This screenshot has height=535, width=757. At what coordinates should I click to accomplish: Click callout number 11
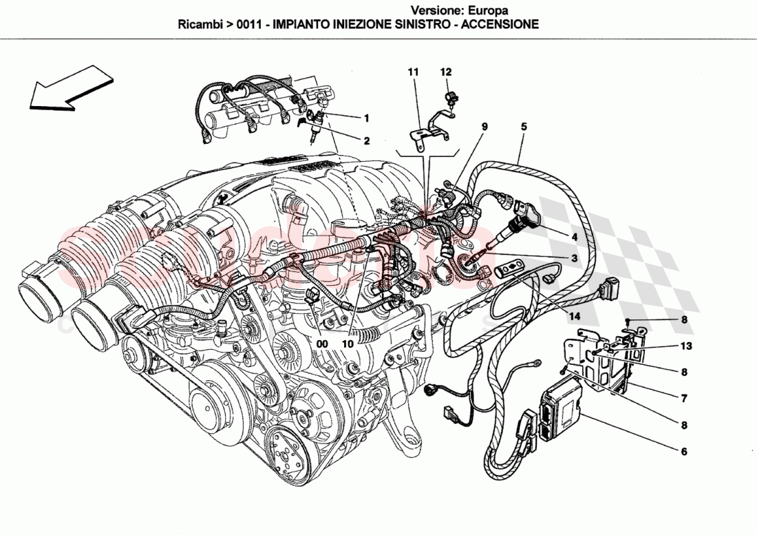point(412,72)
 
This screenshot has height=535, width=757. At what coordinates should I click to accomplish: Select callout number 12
point(446,72)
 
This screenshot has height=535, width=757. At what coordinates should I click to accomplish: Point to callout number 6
point(684,452)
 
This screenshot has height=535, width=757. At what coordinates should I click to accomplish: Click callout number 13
point(687,346)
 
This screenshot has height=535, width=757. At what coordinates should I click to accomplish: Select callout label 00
point(322,340)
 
